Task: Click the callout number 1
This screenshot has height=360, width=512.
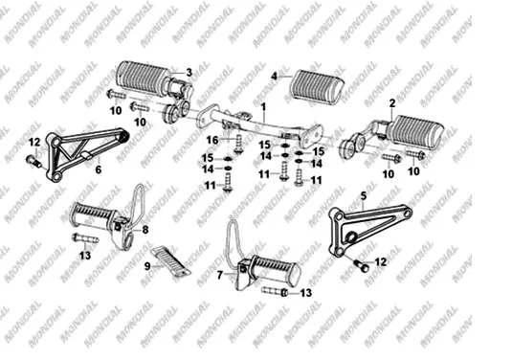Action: point(264,107)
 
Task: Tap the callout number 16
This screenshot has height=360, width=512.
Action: point(212,140)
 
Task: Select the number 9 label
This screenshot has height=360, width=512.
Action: point(147,266)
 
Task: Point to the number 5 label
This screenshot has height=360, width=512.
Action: point(364,195)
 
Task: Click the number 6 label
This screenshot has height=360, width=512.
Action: point(99,169)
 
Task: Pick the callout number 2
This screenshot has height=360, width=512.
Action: point(392,103)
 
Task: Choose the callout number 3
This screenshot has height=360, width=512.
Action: point(189,73)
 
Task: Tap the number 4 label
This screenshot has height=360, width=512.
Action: point(275,77)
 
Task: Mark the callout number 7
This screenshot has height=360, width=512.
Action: point(220,275)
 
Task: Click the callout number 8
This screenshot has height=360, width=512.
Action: point(145,230)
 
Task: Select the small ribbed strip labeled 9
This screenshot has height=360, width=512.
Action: point(170,261)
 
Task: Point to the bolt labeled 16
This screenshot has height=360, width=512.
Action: point(238,144)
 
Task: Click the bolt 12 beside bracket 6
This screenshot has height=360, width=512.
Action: point(33,161)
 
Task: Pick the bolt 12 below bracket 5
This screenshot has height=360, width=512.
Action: point(361,265)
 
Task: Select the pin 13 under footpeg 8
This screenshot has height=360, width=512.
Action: point(85,238)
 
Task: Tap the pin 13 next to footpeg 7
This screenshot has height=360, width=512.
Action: point(275,291)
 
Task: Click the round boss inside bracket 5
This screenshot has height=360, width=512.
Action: point(351,236)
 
